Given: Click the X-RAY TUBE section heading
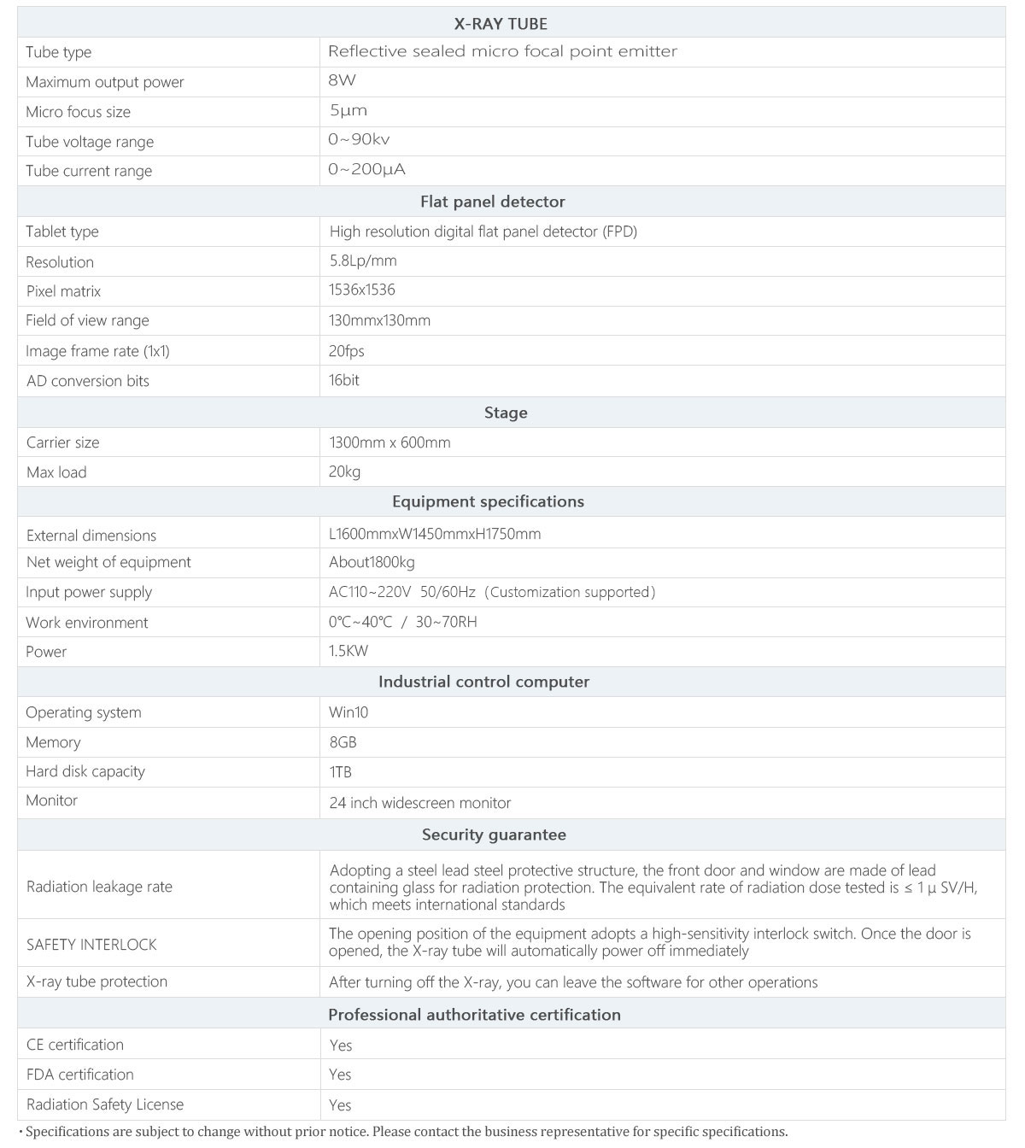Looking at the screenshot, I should (501, 24).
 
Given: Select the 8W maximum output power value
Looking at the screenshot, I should (342, 81).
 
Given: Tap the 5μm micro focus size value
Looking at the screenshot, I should (348, 110).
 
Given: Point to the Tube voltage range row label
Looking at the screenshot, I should (90, 142).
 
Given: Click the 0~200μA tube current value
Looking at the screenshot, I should (366, 169).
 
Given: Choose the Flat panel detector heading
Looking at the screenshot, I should (492, 202).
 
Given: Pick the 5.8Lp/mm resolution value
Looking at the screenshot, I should (363, 261).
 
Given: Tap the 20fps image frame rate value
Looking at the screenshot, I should (346, 351).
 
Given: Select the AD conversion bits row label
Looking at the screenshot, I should (87, 381).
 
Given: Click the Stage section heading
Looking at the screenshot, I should (506, 413).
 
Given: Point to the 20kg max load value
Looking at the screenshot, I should (344, 471).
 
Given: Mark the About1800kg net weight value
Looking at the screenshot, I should (372, 562).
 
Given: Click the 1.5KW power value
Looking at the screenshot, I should (348, 651).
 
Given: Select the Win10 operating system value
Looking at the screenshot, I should (348, 712).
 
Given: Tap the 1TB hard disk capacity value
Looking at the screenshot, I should (340, 772).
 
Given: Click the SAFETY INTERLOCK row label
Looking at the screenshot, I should (91, 945).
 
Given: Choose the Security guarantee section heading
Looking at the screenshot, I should (494, 835).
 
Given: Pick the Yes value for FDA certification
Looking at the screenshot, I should (340, 1075).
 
